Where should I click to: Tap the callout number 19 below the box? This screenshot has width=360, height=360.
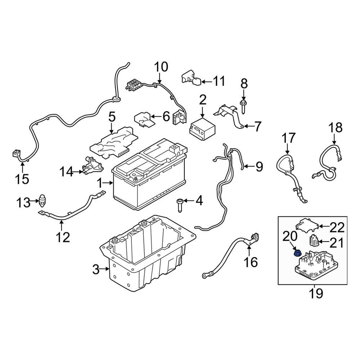[x=316, y=293]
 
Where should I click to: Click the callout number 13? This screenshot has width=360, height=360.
[x=23, y=202]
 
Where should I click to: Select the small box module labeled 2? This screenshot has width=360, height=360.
[x=202, y=129]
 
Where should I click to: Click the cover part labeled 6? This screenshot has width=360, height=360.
[x=144, y=120]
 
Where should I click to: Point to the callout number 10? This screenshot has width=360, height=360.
[x=161, y=67]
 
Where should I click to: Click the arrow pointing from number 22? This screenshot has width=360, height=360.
[x=324, y=226]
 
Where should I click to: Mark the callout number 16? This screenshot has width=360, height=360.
[x=251, y=262]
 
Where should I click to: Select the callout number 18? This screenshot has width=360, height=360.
[x=335, y=128]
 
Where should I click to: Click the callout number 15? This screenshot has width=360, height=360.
[x=22, y=179]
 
